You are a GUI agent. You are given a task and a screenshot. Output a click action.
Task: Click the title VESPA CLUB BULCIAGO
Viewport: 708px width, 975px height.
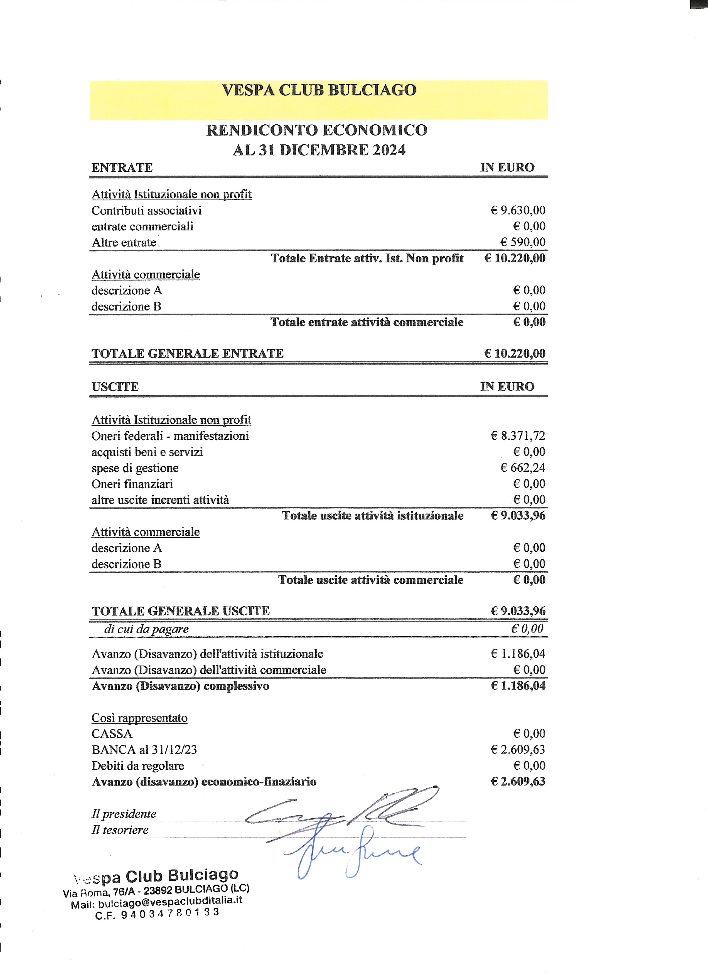point(319,90)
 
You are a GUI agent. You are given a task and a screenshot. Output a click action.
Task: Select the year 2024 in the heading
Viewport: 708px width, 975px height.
point(389,150)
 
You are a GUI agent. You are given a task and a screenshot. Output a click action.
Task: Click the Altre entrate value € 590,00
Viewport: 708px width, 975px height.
point(522,242)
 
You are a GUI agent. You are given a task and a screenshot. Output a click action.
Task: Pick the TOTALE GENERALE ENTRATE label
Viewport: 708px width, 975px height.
point(187,353)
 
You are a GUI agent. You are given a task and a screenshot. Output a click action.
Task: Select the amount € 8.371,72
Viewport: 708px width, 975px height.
point(518,436)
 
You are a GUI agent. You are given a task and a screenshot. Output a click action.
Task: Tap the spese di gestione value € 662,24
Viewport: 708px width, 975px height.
point(522,468)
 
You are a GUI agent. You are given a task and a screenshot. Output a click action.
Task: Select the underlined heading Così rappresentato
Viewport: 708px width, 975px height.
point(139,718)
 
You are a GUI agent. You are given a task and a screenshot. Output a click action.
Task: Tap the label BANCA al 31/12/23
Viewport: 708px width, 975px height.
point(144,750)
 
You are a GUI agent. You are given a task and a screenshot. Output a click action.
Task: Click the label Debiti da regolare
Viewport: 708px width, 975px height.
point(137,766)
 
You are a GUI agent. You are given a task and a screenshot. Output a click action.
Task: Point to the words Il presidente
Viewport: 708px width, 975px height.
point(124,814)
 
